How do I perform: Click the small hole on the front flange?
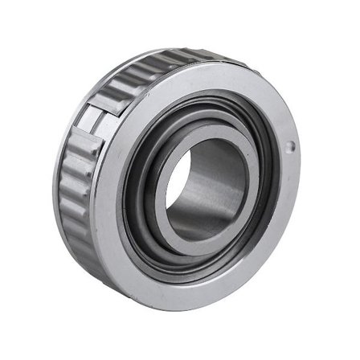coord(291,145)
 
